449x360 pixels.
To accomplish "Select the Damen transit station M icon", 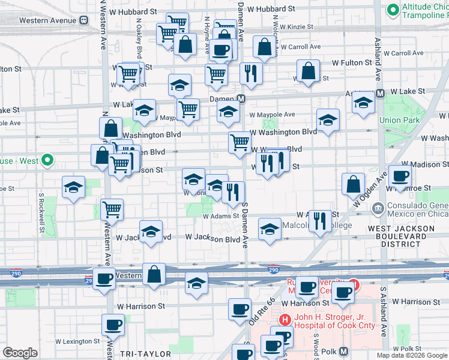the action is click(x=241, y=98).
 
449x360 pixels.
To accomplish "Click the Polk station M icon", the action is click(x=344, y=351).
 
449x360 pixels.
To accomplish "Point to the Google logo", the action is click(x=20, y=353).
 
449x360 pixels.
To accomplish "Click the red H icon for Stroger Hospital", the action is click(x=285, y=321).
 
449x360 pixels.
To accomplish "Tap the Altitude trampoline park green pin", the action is click(x=393, y=9).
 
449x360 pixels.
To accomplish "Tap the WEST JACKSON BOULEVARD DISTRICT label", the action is click(x=401, y=236).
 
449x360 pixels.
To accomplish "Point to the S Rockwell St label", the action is click(x=42, y=212).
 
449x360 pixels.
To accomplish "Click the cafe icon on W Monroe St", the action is click(x=399, y=176).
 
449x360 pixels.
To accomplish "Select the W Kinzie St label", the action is click(x=293, y=27).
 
